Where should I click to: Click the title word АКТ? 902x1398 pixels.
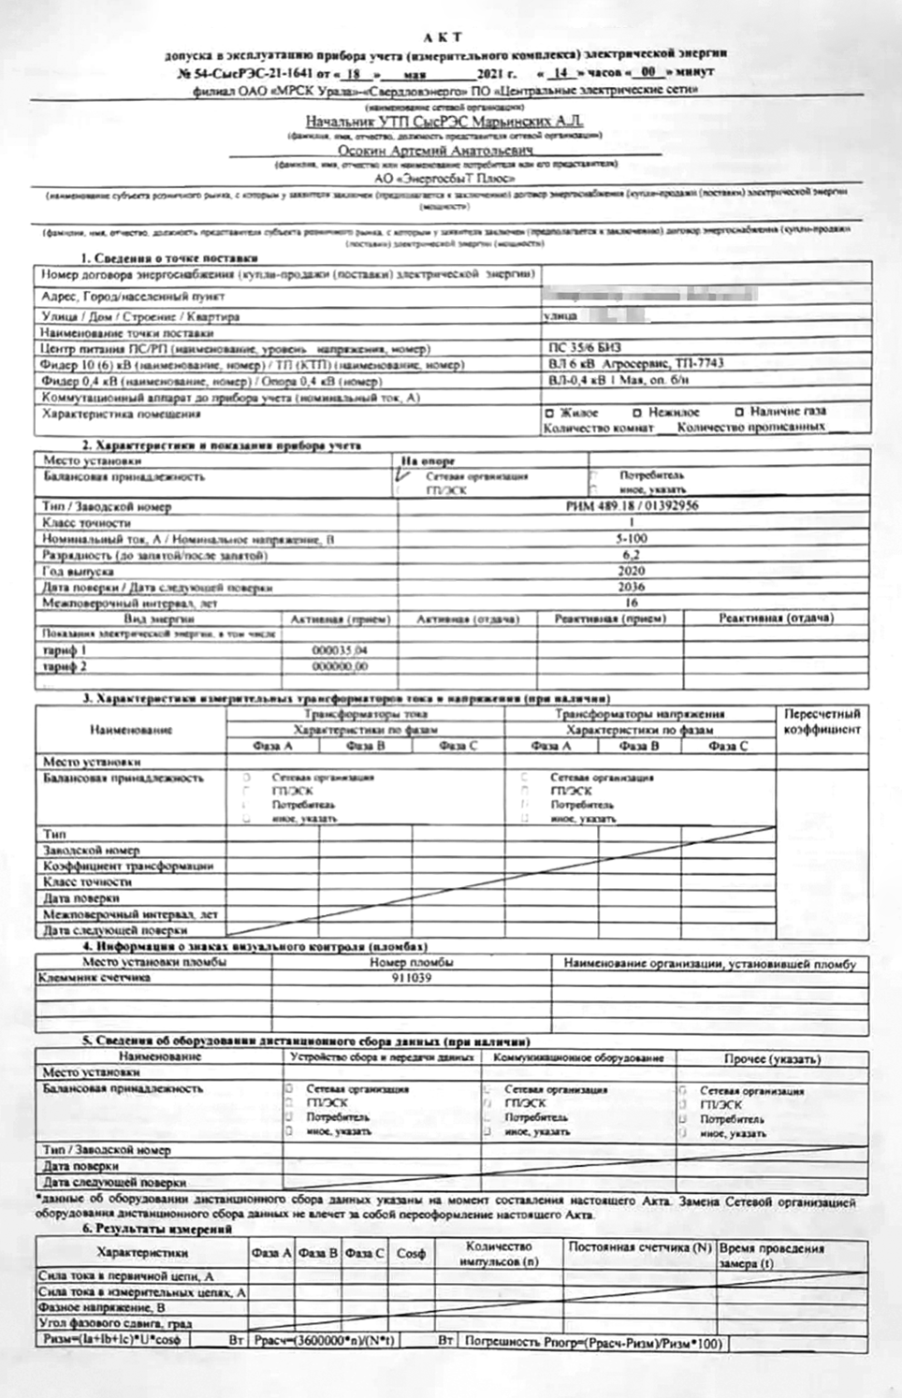point(443,37)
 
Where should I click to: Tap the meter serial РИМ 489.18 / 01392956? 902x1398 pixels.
point(633,506)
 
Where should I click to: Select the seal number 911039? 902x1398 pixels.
point(412,978)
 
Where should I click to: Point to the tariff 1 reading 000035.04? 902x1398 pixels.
point(340,650)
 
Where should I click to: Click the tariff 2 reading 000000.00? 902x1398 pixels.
point(340,667)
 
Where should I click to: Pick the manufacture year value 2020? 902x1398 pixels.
point(632,571)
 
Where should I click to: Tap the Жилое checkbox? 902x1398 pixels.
point(549,413)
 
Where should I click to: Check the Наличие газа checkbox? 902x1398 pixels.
point(739,412)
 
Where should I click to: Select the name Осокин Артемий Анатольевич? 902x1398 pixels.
point(436,150)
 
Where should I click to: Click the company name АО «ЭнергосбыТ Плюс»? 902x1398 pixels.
point(444,178)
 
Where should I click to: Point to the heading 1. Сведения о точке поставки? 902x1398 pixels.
point(168,257)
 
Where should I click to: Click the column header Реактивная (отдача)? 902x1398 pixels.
point(776,619)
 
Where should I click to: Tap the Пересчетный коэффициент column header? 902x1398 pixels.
point(822,721)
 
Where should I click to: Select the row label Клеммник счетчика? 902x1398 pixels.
point(95,978)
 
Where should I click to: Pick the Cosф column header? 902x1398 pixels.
point(411,1253)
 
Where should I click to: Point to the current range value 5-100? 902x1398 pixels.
point(632,539)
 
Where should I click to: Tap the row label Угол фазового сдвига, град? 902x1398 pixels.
point(115,1324)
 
